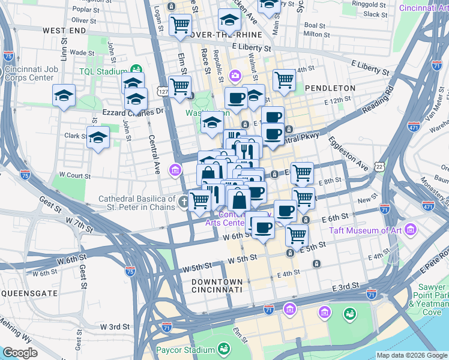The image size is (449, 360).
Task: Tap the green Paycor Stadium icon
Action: (x=224, y=349)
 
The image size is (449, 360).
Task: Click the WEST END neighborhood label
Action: (x=64, y=30)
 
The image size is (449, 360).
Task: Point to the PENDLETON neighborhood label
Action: (x=330, y=88)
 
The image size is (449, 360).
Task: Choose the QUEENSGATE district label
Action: (x=29, y=293)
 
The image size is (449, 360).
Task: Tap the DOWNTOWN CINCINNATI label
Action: (x=217, y=286)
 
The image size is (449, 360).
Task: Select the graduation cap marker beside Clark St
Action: (x=98, y=137)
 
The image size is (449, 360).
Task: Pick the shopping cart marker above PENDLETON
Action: (x=284, y=80)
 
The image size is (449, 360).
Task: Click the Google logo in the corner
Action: (x=20, y=353)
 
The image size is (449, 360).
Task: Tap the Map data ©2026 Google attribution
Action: (x=411, y=355)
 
